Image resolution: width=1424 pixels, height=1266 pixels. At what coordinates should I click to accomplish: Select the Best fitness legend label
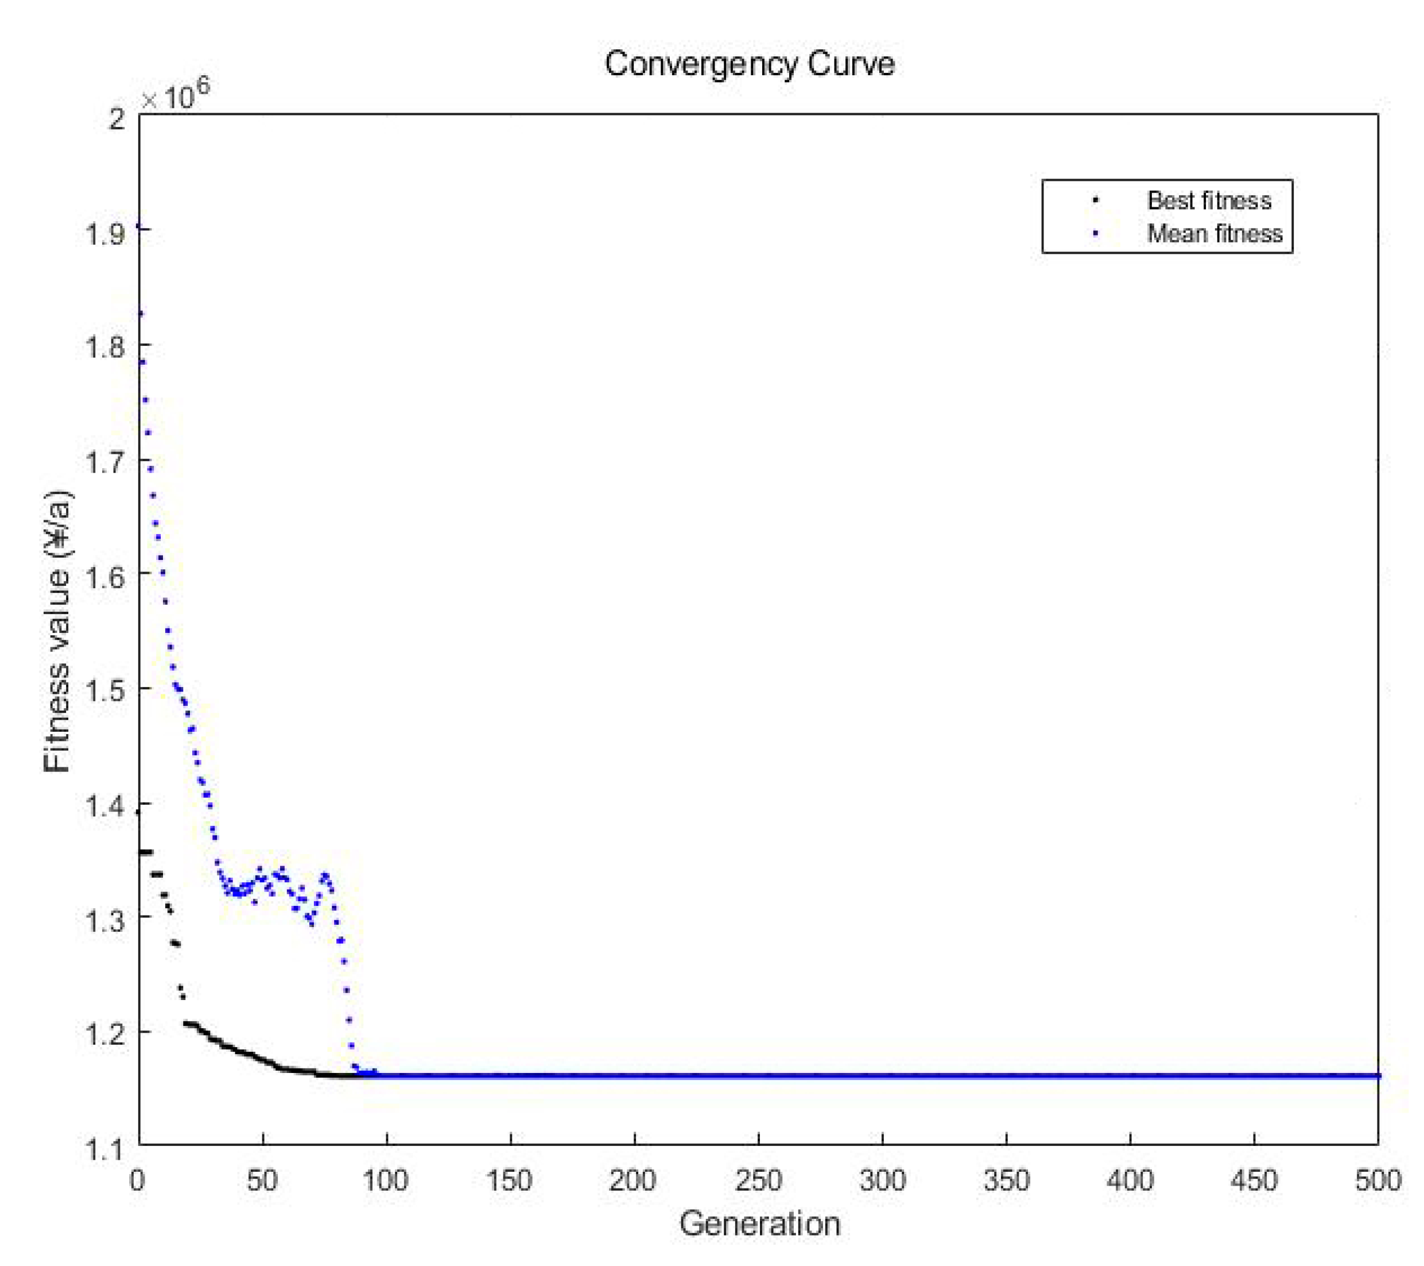1209,201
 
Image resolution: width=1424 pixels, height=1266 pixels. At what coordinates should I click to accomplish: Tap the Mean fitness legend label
1215,234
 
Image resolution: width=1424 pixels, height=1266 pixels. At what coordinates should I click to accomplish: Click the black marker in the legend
1095,201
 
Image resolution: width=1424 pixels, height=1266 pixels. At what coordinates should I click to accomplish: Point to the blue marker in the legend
1095,234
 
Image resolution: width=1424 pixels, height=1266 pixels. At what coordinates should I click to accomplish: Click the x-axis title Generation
759,1223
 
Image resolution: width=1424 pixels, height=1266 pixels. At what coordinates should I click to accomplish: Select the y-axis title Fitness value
57,631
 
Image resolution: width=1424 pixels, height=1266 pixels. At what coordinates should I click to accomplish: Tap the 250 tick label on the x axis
758,1180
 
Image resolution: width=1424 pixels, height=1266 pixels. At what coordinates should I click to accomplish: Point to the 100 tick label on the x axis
386,1180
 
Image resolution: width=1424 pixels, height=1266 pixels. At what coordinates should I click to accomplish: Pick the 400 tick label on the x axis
1130,1180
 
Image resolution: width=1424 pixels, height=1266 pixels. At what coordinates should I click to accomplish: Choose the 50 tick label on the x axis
262,1180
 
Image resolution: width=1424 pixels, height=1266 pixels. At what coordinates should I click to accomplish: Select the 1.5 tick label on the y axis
105,690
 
